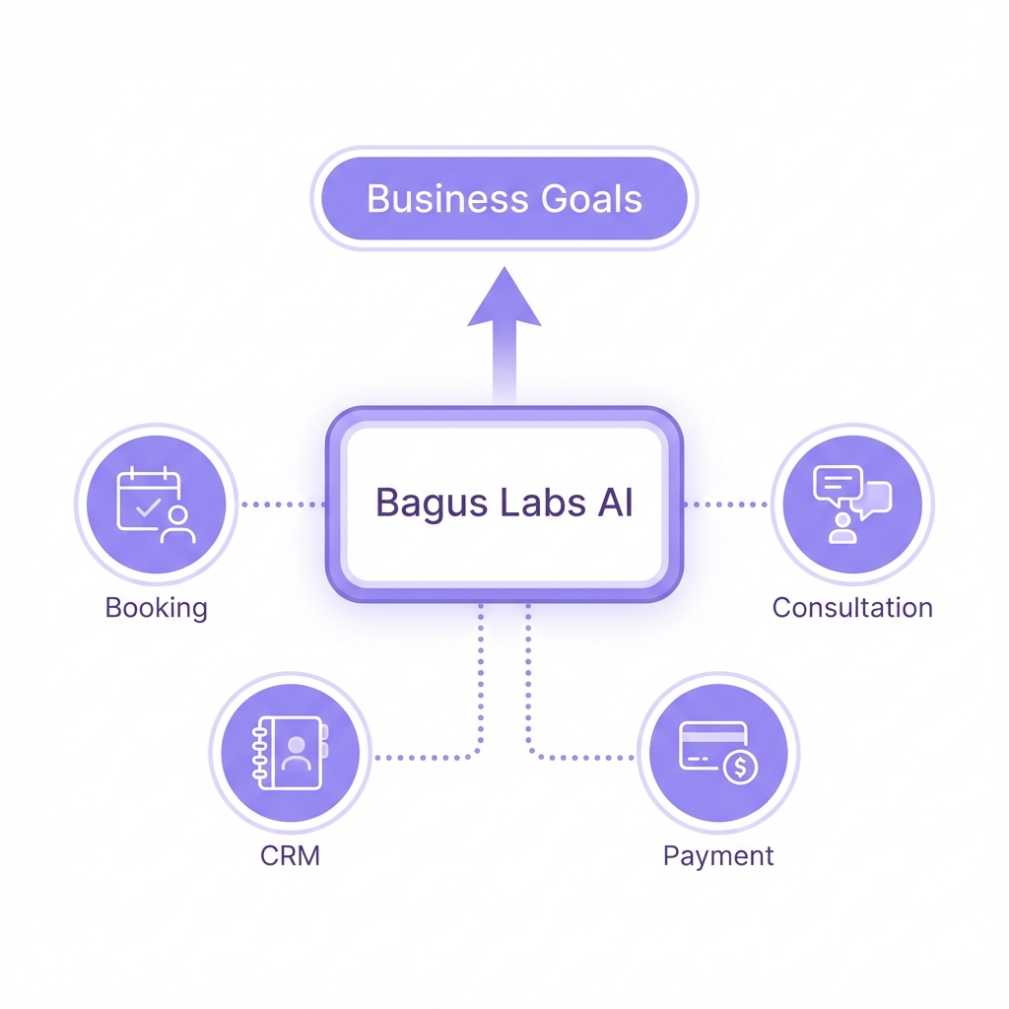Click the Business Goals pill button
[x=504, y=200]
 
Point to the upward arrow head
[x=504, y=299]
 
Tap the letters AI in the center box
[x=614, y=504]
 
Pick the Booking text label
[x=156, y=607]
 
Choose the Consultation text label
[x=851, y=607]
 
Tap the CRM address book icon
[x=290, y=754]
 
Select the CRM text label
[x=290, y=855]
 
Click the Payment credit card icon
[x=717, y=754]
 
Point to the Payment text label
[x=717, y=855]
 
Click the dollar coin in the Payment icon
[x=739, y=768]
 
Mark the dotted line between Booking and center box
[x=283, y=504]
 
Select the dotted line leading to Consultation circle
[x=725, y=504]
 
